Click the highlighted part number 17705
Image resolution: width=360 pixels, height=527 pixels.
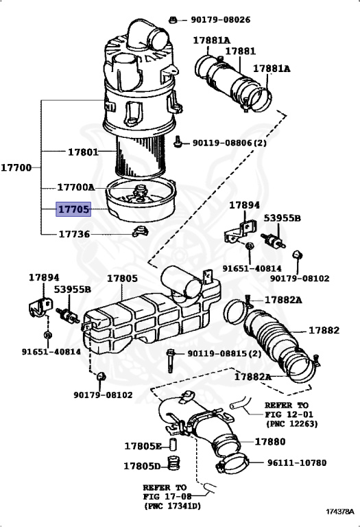73,209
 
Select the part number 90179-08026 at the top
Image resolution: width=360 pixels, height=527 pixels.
221,19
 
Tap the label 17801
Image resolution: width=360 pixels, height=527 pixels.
83,152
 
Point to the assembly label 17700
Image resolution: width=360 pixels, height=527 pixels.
16,167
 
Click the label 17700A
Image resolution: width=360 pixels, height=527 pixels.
76,187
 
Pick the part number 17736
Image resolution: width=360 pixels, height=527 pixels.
74,234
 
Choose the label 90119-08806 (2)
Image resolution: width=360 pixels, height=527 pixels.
230,143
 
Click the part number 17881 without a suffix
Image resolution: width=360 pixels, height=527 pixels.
241,51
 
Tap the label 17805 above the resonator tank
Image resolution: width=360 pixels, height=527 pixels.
122,279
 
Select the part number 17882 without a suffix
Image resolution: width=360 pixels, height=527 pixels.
324,330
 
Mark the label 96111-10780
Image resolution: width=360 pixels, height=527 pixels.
297,462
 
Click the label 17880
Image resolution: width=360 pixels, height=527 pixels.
270,441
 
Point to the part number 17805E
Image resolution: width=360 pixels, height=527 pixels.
143,446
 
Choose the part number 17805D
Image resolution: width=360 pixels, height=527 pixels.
143,466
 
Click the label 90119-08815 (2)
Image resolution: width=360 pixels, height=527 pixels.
224,353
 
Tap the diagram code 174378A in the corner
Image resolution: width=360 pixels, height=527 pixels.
340,511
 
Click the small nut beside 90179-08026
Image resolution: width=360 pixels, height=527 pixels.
173,20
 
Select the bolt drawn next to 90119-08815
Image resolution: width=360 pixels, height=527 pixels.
171,361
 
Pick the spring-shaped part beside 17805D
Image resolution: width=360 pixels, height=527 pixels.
173,463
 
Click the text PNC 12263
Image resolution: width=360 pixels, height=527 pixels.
291,424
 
